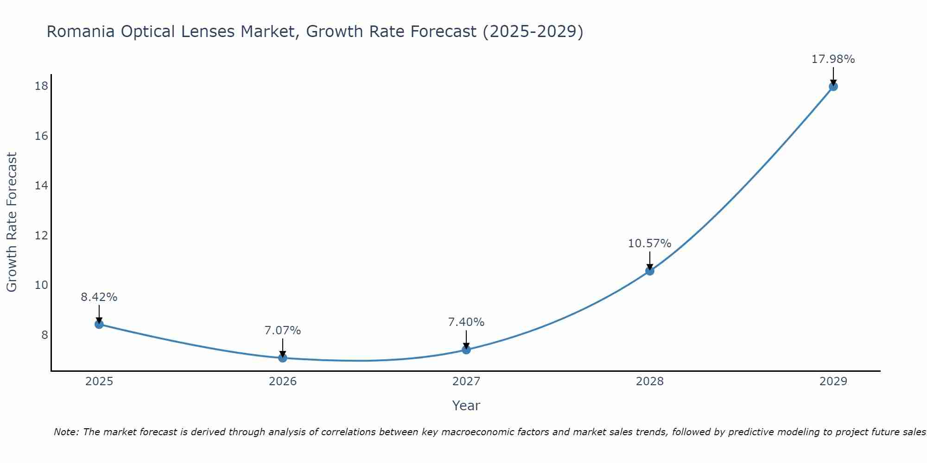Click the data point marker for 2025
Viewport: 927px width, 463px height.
pyautogui.click(x=99, y=324)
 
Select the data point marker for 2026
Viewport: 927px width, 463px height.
pyautogui.click(x=283, y=358)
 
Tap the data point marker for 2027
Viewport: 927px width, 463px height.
pyautogui.click(x=466, y=350)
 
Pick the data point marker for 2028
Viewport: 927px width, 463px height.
pyautogui.click(x=650, y=271)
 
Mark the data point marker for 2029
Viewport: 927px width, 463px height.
pyautogui.click(x=833, y=86)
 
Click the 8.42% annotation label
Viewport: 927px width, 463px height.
pyautogui.click(x=99, y=297)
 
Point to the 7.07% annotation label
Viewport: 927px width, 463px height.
pyautogui.click(x=283, y=331)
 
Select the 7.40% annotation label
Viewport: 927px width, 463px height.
pyautogui.click(x=466, y=322)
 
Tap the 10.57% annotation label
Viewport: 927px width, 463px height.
pyautogui.click(x=649, y=244)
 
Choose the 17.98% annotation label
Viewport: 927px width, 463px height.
pyautogui.click(x=833, y=59)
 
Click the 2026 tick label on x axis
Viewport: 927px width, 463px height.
pyautogui.click(x=283, y=382)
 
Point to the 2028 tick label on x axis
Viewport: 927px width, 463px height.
pyautogui.click(x=650, y=382)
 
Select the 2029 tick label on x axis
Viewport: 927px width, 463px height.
pyautogui.click(x=833, y=382)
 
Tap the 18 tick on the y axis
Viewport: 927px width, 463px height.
pyautogui.click(x=41, y=86)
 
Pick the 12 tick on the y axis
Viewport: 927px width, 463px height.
pyautogui.click(x=41, y=236)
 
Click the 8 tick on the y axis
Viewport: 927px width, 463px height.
pyautogui.click(x=44, y=335)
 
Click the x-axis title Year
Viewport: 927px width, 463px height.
pyautogui.click(x=466, y=406)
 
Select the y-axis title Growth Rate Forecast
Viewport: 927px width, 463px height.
pyautogui.click(x=12, y=222)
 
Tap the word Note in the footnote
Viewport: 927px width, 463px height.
pyautogui.click(x=66, y=432)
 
